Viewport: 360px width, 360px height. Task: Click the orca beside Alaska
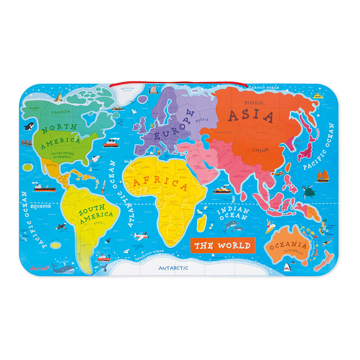pyautogui.click(x=29, y=126)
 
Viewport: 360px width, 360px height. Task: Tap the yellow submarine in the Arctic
pyautogui.click(x=317, y=95)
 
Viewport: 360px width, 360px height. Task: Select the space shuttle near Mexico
pyautogui.click(x=95, y=159)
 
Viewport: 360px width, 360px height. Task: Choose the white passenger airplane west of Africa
pyautogui.click(x=141, y=236)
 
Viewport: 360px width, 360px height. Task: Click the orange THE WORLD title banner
pyautogui.click(x=222, y=246)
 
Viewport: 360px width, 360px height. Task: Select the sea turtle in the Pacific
pyautogui.click(x=308, y=192)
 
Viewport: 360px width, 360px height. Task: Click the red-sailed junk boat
pyautogui.click(x=322, y=175)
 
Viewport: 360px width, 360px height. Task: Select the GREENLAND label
pyautogui.click(x=128, y=87)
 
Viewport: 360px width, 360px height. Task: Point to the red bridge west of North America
pyautogui.click(x=27, y=143)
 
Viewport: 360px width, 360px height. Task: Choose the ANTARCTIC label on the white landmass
pyautogui.click(x=174, y=268)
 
